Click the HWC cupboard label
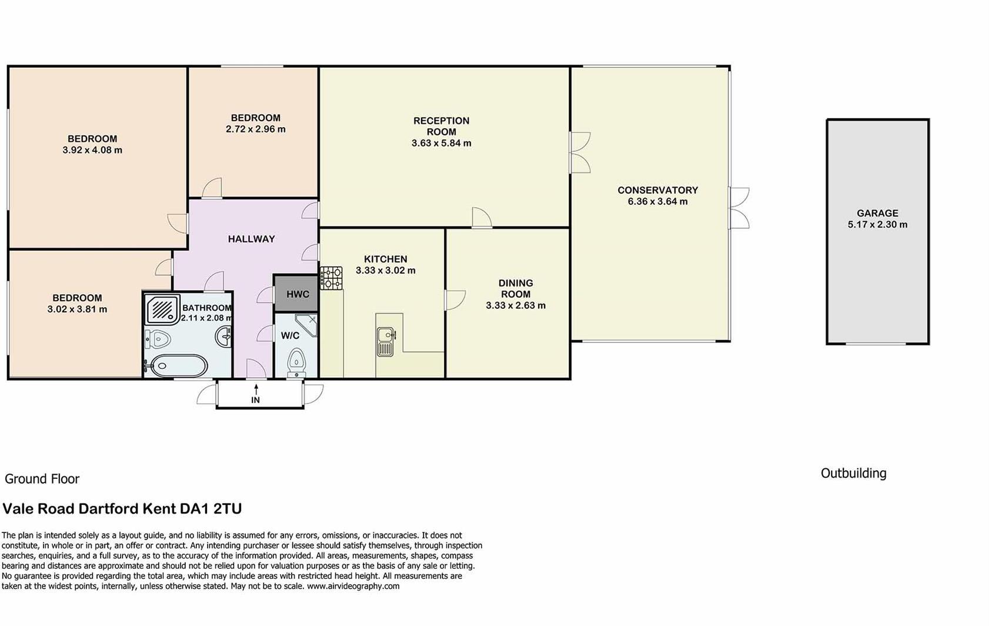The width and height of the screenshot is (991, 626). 297,294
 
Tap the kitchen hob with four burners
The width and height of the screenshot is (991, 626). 331,278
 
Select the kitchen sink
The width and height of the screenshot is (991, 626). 385,341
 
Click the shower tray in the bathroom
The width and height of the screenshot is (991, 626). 162,308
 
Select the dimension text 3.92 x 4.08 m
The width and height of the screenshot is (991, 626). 92,151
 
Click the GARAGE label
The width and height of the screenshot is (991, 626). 877,214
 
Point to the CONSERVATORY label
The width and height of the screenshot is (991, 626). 658,190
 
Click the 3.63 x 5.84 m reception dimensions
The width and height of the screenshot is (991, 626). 441,143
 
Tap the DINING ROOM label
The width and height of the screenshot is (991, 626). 516,288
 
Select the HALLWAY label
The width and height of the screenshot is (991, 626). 251,239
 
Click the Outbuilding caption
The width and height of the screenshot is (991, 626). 853,473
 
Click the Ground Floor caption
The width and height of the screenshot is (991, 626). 42,479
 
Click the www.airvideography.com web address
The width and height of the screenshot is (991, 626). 353,586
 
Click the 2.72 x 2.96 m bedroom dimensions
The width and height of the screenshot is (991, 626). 255,129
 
